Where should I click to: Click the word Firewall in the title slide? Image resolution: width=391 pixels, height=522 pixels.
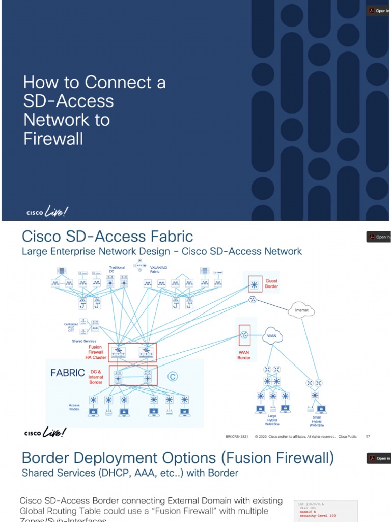pyautogui.click(x=53, y=139)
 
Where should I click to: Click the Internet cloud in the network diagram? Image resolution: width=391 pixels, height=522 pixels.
pyautogui.click(x=302, y=310)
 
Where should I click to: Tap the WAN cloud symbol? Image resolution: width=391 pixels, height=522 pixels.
pyautogui.click(x=272, y=336)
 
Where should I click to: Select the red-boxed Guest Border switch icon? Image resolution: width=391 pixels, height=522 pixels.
pyautogui.click(x=254, y=283)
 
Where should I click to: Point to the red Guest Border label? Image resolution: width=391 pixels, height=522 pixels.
pyautogui.click(x=272, y=283)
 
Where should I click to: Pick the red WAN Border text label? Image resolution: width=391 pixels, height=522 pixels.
pyautogui.click(x=244, y=355)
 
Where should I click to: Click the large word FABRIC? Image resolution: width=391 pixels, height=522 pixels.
pyautogui.click(x=68, y=373)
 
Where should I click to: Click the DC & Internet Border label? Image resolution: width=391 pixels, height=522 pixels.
pyautogui.click(x=97, y=377)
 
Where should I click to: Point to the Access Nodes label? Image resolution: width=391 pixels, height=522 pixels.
pyautogui.click(x=74, y=407)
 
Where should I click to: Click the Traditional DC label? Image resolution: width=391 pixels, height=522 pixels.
pyautogui.click(x=117, y=269)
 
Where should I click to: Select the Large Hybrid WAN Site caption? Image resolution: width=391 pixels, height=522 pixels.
pyautogui.click(x=272, y=420)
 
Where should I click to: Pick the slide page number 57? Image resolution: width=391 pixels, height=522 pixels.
pyautogui.click(x=368, y=436)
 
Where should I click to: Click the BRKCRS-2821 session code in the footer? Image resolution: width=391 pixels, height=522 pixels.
pyautogui.click(x=236, y=436)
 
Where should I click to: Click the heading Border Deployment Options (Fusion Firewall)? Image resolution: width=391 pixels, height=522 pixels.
pyautogui.click(x=178, y=458)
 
